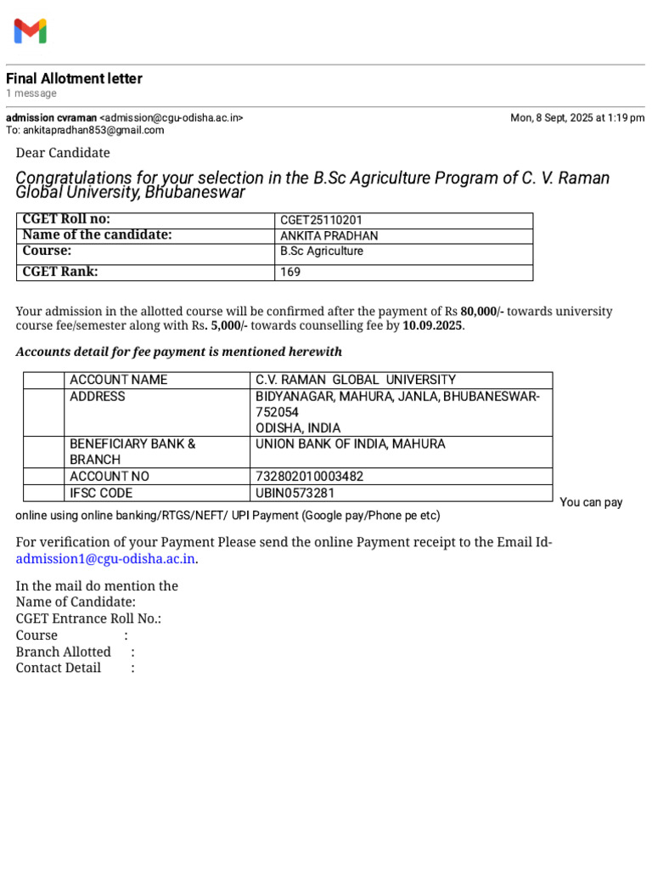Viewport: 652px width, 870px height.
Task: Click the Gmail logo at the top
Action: [x=30, y=31]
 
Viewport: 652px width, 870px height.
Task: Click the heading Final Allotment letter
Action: [x=74, y=79]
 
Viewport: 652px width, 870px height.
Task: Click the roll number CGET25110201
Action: [x=321, y=220]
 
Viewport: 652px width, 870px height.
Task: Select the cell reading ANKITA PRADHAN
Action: [x=329, y=236]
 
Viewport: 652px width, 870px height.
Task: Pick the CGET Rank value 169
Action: [x=290, y=273]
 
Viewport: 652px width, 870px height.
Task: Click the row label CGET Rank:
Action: [x=60, y=272]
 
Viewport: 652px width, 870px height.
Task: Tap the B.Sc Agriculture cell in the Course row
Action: [x=322, y=251]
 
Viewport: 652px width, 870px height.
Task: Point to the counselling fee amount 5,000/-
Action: [x=228, y=325]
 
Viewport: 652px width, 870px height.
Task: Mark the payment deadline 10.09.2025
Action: [x=433, y=325]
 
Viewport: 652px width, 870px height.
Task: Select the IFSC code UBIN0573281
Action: [x=295, y=493]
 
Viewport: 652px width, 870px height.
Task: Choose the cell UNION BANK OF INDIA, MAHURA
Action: [x=350, y=443]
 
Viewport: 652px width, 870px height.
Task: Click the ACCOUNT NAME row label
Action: [x=118, y=380]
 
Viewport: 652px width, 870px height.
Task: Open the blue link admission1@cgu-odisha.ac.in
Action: [x=106, y=559]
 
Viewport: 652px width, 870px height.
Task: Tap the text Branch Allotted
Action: [x=64, y=652]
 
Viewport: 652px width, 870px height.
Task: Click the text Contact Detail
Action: [x=59, y=668]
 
